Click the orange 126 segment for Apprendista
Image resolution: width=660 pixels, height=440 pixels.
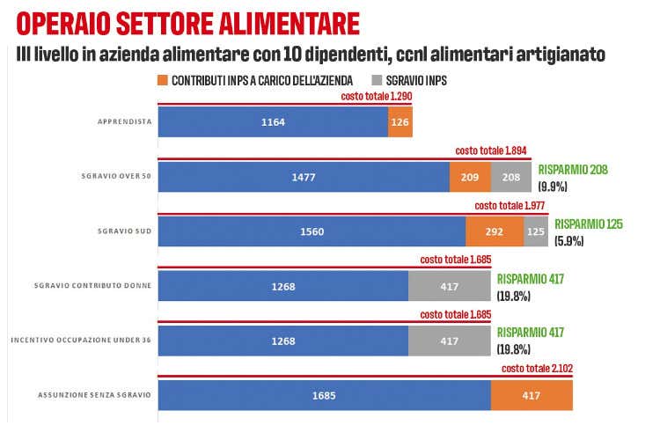(400, 122)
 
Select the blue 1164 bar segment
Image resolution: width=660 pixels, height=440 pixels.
(273, 122)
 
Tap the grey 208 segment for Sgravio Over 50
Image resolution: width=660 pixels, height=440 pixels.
(513, 178)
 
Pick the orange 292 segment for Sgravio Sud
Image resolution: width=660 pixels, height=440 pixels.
(495, 232)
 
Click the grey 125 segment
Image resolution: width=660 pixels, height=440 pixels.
(535, 232)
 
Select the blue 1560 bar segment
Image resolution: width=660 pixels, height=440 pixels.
(312, 232)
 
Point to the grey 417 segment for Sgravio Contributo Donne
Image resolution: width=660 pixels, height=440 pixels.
(449, 286)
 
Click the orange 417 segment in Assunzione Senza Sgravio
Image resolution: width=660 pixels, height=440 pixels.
(532, 395)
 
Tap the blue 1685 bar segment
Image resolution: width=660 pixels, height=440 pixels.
(324, 395)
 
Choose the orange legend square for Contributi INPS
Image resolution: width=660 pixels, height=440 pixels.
(164, 80)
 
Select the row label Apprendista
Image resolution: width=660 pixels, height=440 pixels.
(123, 122)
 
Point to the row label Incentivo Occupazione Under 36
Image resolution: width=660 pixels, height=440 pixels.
(81, 341)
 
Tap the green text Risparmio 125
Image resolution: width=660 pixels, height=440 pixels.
(589, 224)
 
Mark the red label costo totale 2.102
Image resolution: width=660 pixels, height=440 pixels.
(537, 370)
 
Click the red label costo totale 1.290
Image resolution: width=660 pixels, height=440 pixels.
(376, 95)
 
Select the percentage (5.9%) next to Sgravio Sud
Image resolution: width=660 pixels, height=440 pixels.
(569, 241)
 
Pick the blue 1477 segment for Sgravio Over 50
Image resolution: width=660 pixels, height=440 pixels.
(303, 178)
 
